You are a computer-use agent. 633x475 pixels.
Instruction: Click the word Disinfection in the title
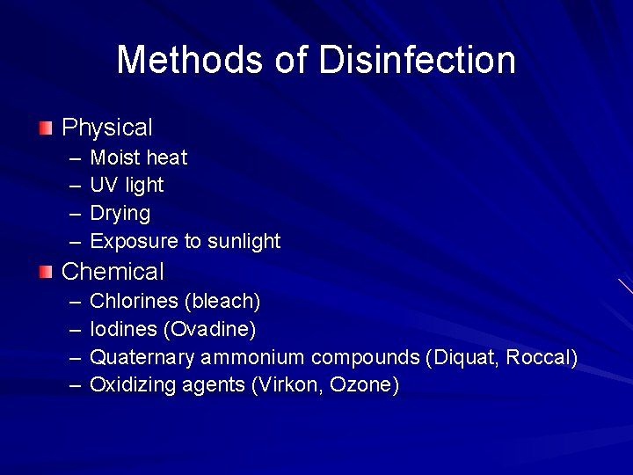click(417, 60)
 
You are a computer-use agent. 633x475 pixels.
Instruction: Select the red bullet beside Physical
click(46, 128)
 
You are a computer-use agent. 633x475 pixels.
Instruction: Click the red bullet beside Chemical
click(46, 272)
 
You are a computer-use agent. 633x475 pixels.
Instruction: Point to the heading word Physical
click(107, 128)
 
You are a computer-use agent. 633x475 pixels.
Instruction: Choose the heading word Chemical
click(113, 272)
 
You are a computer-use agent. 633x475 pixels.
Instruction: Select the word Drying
click(120, 214)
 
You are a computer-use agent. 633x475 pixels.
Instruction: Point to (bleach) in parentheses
click(222, 301)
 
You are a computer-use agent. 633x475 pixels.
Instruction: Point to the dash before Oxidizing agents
click(74, 385)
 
